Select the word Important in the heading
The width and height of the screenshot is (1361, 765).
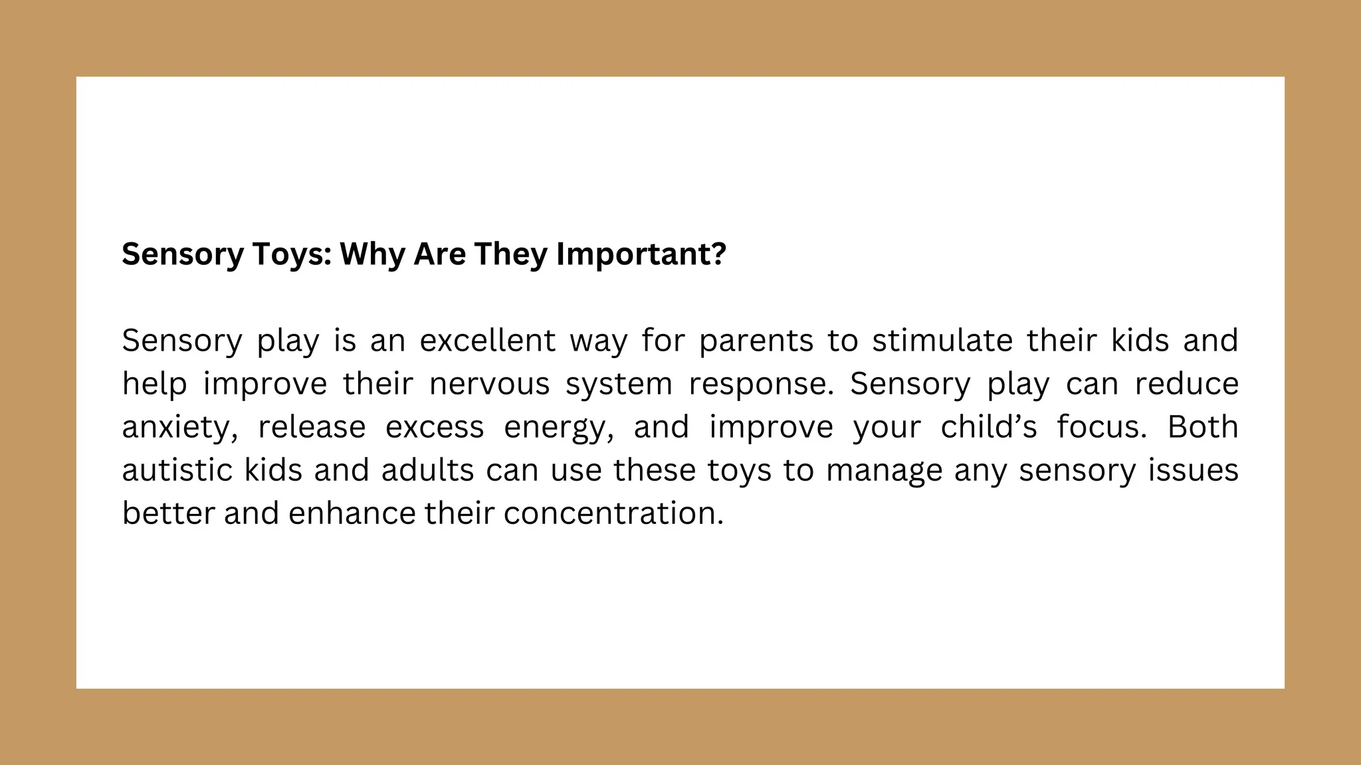coord(634,254)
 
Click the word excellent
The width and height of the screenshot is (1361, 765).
coord(487,341)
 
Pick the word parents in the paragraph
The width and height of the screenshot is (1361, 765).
coord(756,341)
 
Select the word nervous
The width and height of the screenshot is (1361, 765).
coord(489,384)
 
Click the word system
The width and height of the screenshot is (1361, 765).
coord(619,385)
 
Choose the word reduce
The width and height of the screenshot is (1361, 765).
coord(1186,384)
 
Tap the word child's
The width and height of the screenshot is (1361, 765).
coord(988,427)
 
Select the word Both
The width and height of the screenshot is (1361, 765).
coord(1203,427)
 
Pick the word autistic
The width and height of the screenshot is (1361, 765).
coord(177,470)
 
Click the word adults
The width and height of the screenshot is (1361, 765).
coord(427,470)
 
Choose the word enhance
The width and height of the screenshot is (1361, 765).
coord(352,513)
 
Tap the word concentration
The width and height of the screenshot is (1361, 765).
coord(613,513)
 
